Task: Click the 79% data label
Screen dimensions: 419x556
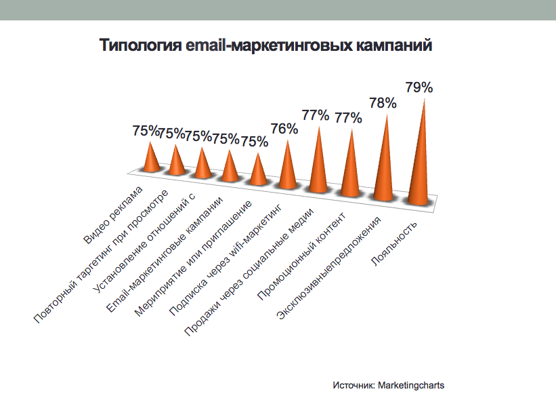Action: click(419, 87)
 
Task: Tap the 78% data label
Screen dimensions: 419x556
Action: click(383, 103)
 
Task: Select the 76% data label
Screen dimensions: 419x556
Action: click(284, 129)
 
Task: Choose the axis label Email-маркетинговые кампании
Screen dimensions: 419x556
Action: click(163, 256)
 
